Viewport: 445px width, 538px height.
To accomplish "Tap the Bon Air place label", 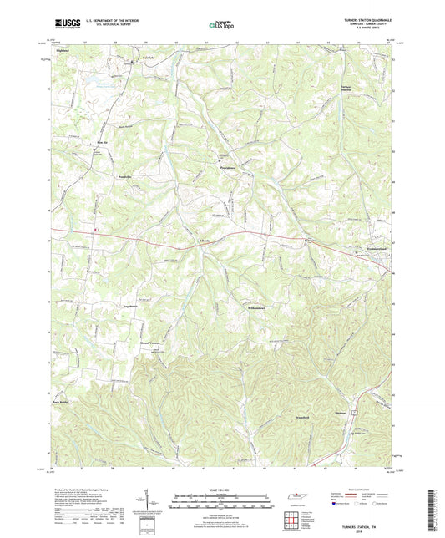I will [98, 144].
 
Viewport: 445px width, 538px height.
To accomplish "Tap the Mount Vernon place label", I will [161, 343].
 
